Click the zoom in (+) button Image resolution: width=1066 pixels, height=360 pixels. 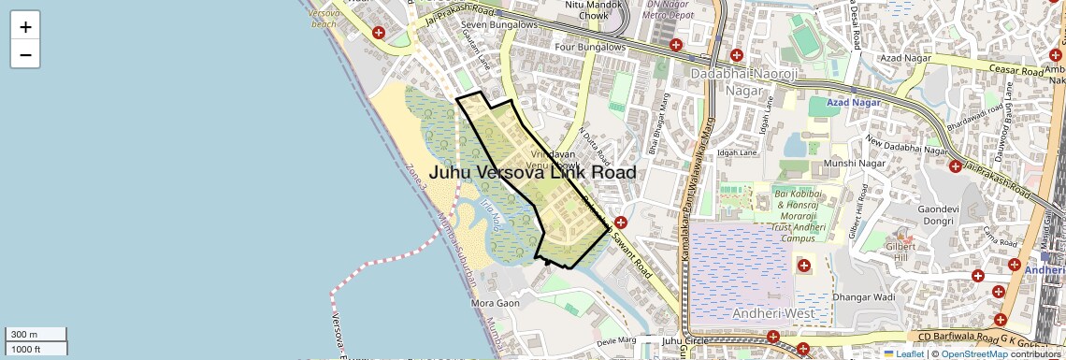[x=25, y=26]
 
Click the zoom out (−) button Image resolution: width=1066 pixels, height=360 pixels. [x=25, y=54]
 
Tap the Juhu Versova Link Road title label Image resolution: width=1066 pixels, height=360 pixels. [x=532, y=173]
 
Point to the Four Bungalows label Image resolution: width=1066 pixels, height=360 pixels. [x=589, y=47]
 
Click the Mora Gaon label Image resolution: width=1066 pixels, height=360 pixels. [x=496, y=303]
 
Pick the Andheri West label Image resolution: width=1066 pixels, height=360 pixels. [x=773, y=313]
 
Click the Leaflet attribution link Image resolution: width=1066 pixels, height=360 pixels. [x=905, y=353]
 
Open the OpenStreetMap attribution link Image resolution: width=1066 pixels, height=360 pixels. [x=973, y=353]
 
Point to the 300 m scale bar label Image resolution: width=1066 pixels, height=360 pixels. [x=24, y=335]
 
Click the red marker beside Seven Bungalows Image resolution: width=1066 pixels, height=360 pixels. [x=379, y=33]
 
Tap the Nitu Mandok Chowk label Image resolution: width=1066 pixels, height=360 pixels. [x=587, y=10]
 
